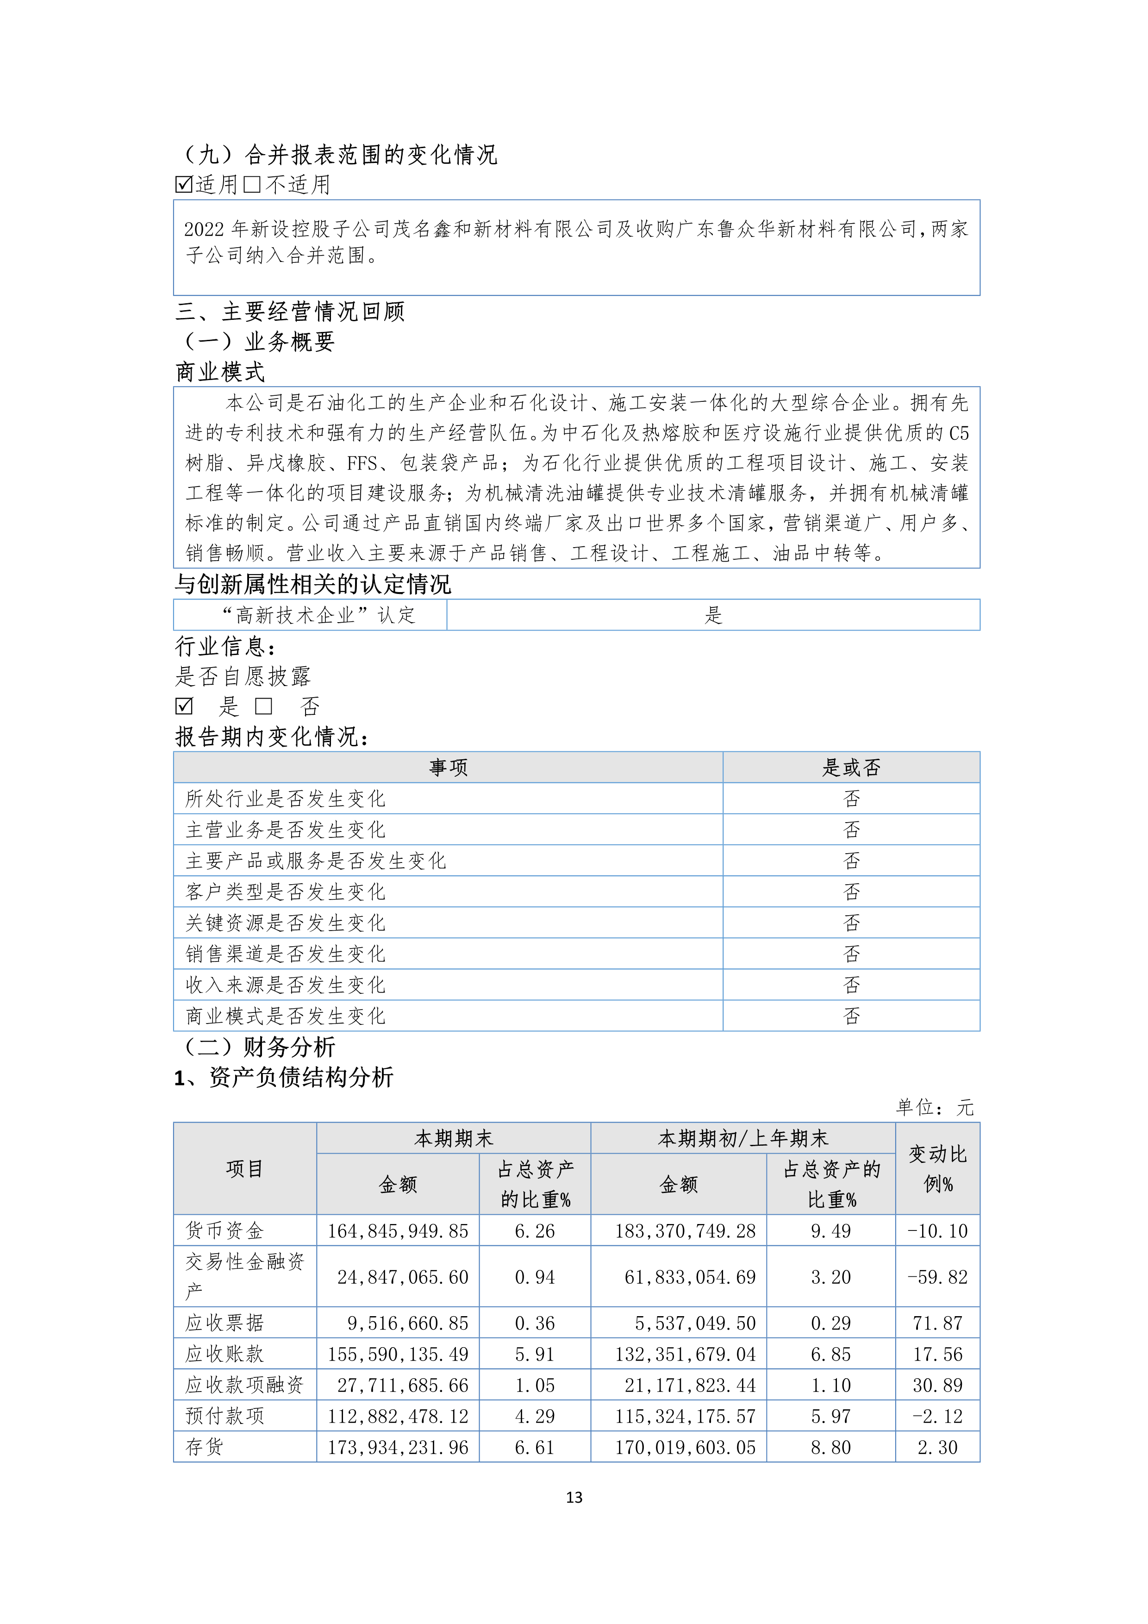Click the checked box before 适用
point(184,185)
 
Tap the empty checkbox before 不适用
point(252,185)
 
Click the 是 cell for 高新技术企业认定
point(713,615)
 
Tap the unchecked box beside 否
point(264,706)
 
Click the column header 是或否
point(851,768)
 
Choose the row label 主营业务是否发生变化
point(285,830)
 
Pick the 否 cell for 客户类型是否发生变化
point(851,892)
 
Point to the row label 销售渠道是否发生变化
point(285,954)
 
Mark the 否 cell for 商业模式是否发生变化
point(851,1017)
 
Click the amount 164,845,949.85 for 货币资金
point(398,1231)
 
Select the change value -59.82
point(937,1277)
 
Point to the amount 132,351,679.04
point(685,1354)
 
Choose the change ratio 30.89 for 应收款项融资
point(937,1385)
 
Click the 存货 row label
point(205,1447)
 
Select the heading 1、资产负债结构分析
point(284,1077)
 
